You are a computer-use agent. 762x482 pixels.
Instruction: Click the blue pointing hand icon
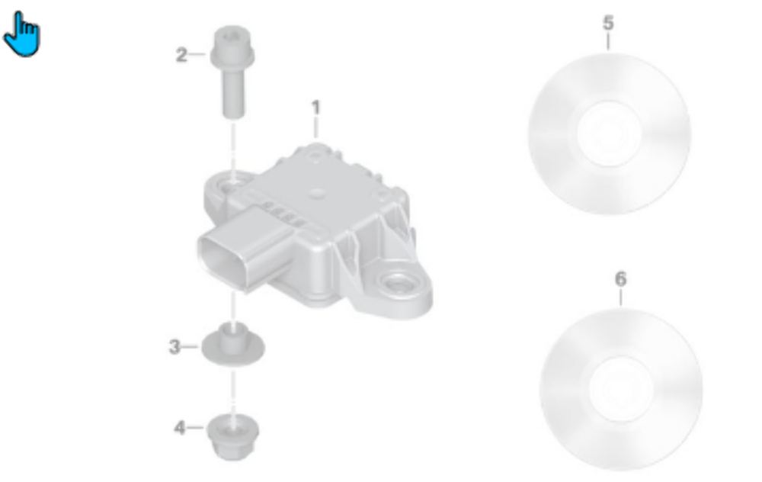21,34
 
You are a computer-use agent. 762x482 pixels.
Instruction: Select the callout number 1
315,108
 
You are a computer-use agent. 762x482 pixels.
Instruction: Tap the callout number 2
181,55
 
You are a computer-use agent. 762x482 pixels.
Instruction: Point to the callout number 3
174,347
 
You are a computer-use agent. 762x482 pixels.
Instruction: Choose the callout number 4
180,428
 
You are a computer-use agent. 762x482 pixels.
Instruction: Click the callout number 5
607,23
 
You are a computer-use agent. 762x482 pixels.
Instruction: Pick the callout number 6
620,279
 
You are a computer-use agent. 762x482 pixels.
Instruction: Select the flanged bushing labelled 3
232,347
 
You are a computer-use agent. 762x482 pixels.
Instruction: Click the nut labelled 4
232,436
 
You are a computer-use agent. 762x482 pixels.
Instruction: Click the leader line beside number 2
197,54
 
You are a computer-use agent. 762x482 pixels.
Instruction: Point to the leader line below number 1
315,128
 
